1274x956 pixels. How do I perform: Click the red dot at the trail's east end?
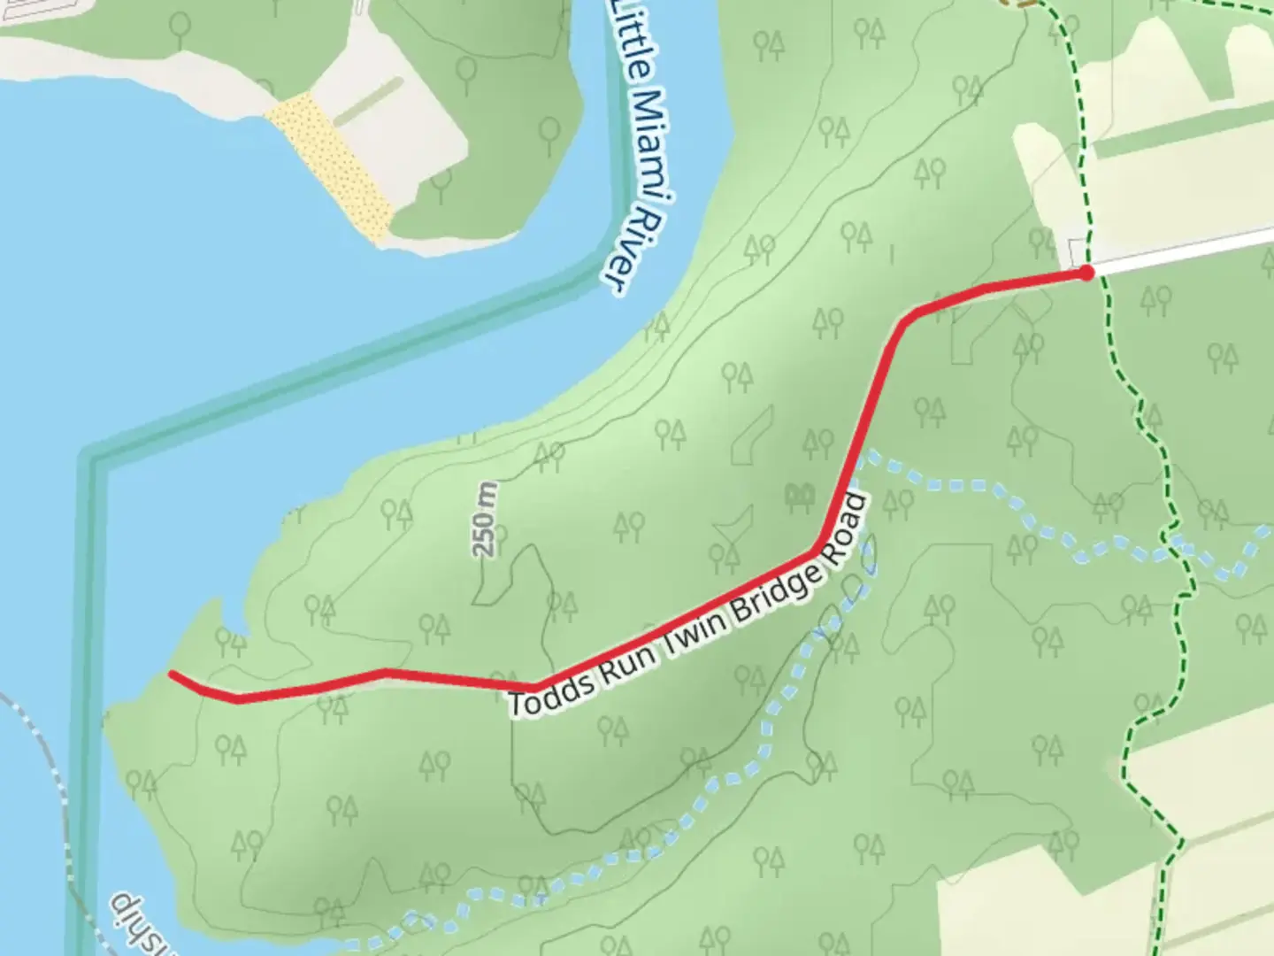pos(1086,273)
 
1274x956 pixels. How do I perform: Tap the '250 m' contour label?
pos(485,519)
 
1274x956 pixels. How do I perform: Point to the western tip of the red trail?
pos(172,675)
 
